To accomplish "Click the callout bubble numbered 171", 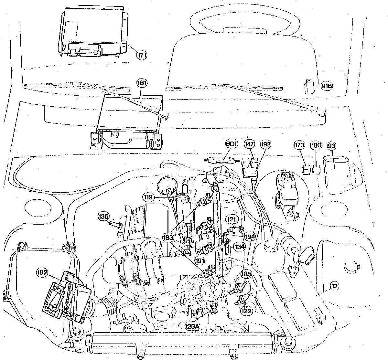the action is (x=142, y=55).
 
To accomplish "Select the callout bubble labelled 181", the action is (x=142, y=83).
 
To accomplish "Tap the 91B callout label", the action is (x=327, y=86).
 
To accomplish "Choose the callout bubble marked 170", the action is (x=299, y=145).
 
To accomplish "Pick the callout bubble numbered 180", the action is (x=316, y=145).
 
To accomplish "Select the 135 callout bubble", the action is (x=104, y=216).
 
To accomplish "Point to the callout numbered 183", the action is (x=177, y=238).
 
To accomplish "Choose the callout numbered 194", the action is (x=250, y=236).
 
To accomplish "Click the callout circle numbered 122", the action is (x=247, y=310).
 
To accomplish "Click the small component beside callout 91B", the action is (x=309, y=86).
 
